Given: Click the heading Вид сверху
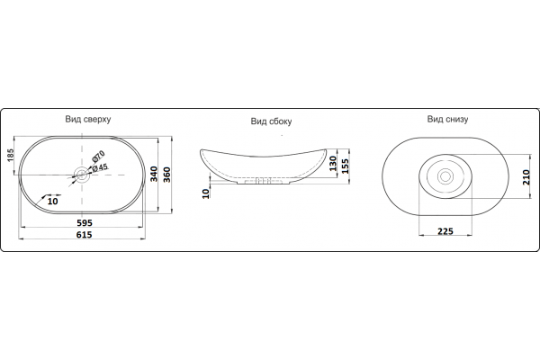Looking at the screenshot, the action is coord(88,120).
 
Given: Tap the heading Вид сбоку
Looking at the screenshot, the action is coord(271,121).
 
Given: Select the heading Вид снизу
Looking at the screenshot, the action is coord(447,119).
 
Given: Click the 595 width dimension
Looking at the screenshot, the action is coord(85,222).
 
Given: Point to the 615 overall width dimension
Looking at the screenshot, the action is coord(84,235).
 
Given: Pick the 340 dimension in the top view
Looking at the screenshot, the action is coord(154,174).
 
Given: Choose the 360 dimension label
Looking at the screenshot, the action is coord(166,175).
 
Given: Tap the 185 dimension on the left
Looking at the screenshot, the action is coord(10,155).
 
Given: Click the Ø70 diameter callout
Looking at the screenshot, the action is coord(98,157).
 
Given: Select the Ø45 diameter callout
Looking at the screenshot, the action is coord(100,167).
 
